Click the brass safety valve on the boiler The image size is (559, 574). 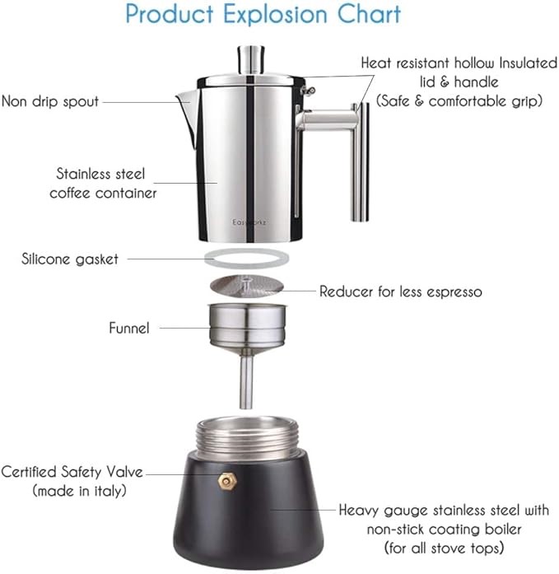tap(227, 480)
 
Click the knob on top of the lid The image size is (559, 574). tap(251, 59)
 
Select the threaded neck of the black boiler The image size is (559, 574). tap(247, 438)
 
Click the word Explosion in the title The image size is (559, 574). tap(275, 15)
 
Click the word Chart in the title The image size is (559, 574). tap(369, 14)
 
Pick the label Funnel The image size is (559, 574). tap(129, 328)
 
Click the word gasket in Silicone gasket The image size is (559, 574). tap(97, 259)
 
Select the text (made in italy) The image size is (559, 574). tap(79, 491)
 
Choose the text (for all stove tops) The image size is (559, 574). tap(444, 548)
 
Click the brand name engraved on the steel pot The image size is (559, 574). tap(249, 222)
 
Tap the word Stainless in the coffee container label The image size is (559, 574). tap(80, 174)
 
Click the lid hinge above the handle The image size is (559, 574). tap(308, 91)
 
